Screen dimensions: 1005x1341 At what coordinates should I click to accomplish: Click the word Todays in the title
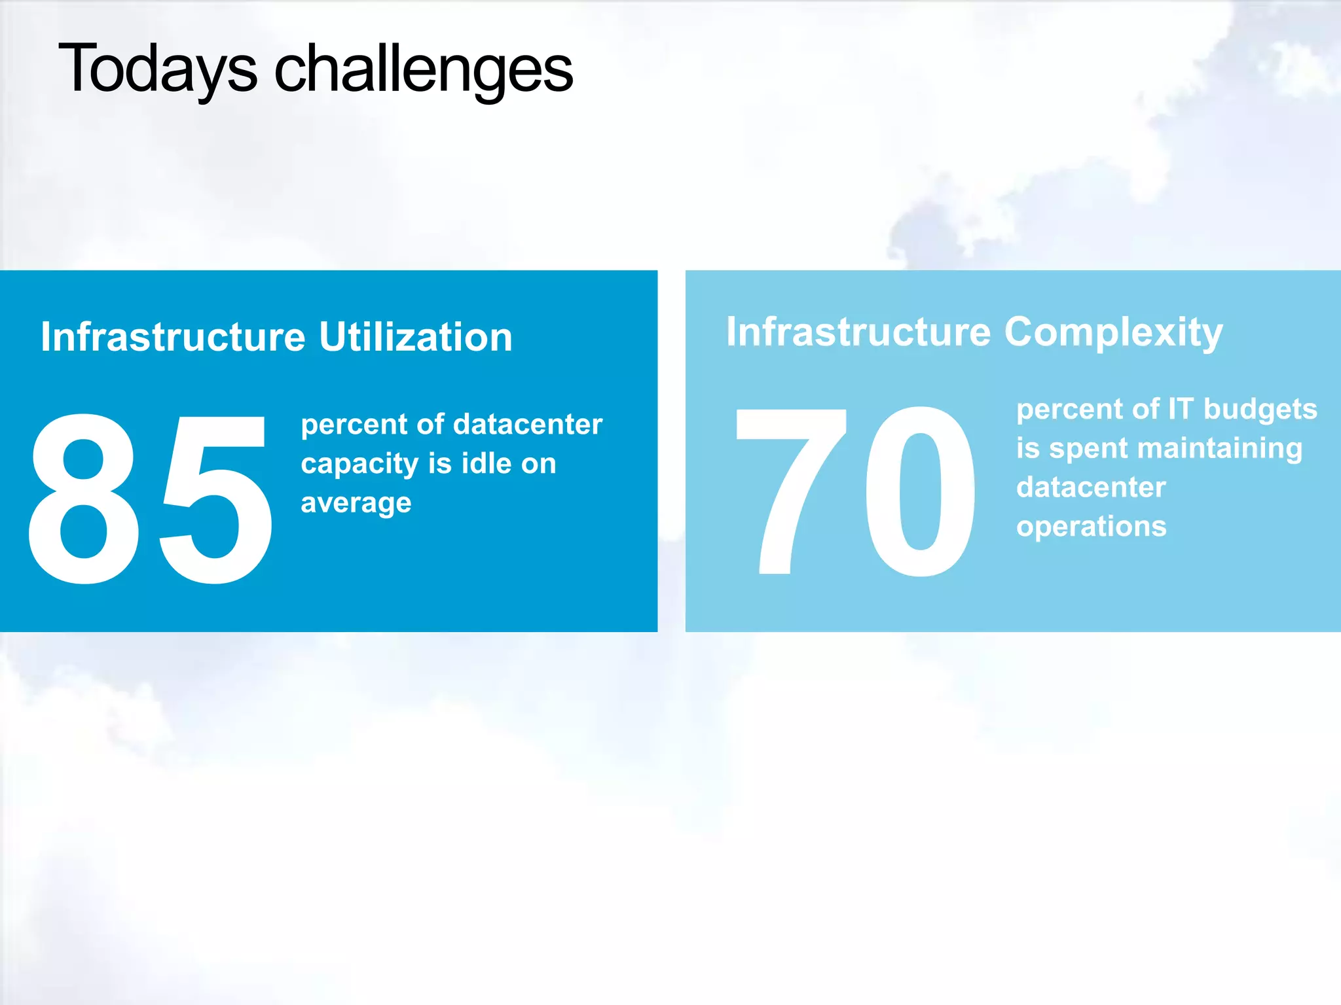pyautogui.click(x=158, y=69)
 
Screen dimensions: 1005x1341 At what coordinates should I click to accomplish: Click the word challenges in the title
pyautogui.click(x=424, y=69)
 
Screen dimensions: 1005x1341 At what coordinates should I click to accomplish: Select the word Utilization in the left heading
pyautogui.click(x=415, y=337)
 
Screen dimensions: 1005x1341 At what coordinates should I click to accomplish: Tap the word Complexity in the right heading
pyautogui.click(x=1113, y=332)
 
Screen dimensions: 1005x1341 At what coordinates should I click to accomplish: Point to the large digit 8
pyautogui.click(x=84, y=499)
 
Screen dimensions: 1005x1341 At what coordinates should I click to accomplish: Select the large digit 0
pyautogui.click(x=920, y=491)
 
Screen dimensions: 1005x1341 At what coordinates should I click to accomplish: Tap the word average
pyautogui.click(x=356, y=503)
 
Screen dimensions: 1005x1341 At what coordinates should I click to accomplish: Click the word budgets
pyautogui.click(x=1260, y=409)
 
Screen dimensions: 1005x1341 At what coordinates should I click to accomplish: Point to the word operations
pyautogui.click(x=1091, y=527)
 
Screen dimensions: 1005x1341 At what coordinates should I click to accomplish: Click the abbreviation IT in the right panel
pyautogui.click(x=1181, y=409)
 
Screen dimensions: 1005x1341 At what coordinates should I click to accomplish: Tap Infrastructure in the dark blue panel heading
pyautogui.click(x=173, y=337)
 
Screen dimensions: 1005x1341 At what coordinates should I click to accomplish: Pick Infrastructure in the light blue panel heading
pyautogui.click(x=858, y=332)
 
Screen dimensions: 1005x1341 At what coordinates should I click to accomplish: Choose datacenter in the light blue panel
pyautogui.click(x=1091, y=487)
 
